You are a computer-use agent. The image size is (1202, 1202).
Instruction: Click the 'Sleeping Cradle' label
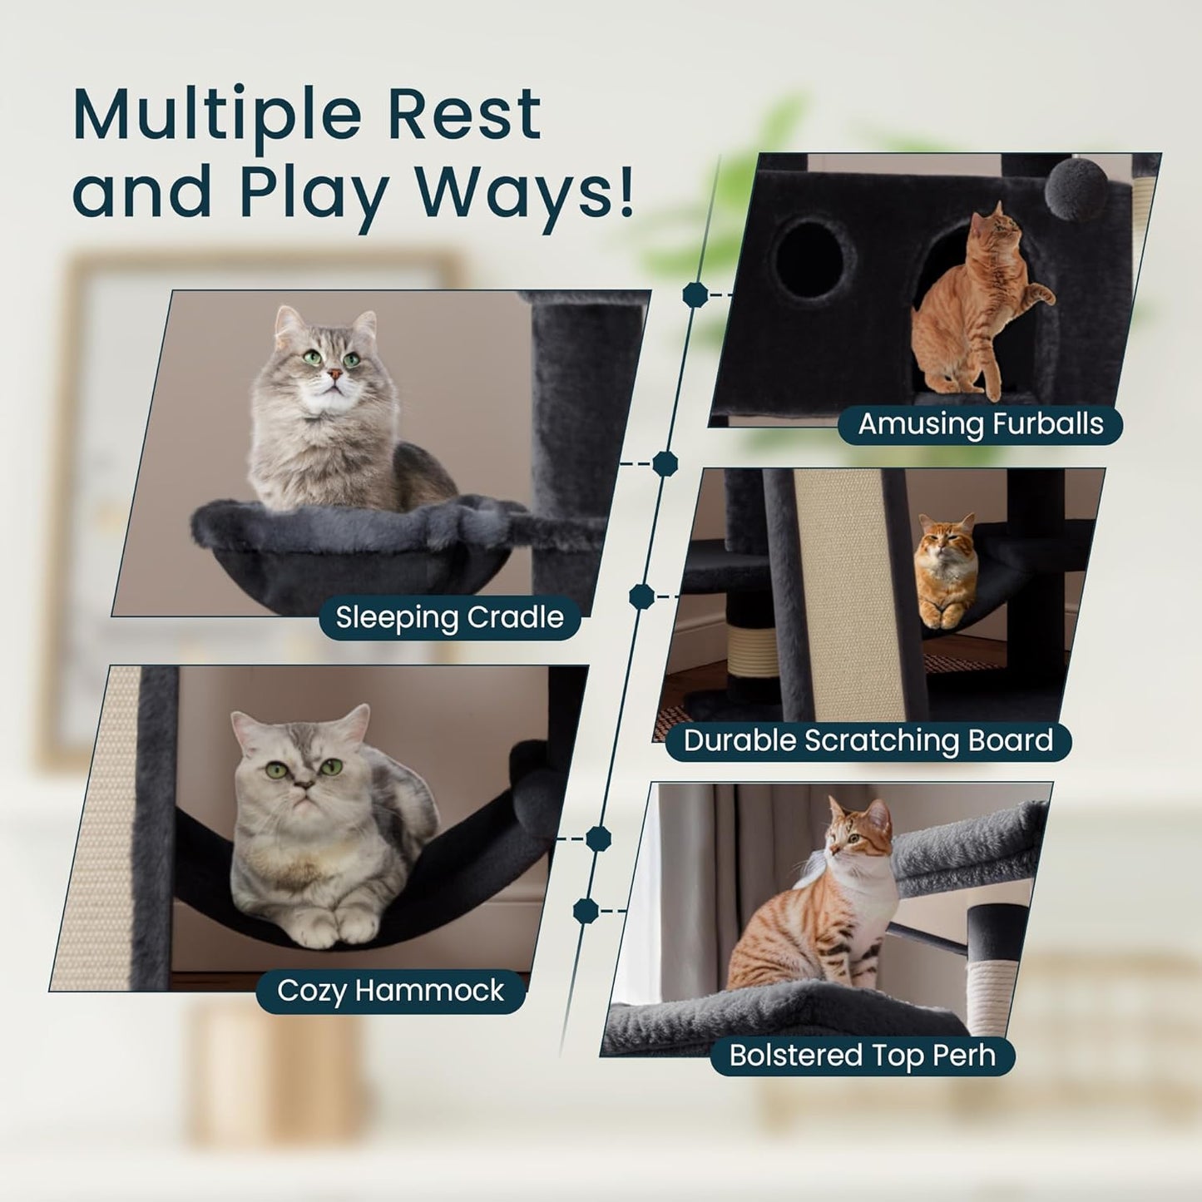(x=449, y=617)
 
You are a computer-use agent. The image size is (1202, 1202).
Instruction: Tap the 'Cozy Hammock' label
(x=390, y=991)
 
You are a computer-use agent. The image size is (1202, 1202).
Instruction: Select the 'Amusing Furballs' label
(x=980, y=424)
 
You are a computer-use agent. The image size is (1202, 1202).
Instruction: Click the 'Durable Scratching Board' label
(x=868, y=740)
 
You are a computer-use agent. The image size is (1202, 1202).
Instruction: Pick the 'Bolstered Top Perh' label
(x=862, y=1056)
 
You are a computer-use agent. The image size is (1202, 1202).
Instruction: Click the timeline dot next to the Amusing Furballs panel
(x=695, y=294)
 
